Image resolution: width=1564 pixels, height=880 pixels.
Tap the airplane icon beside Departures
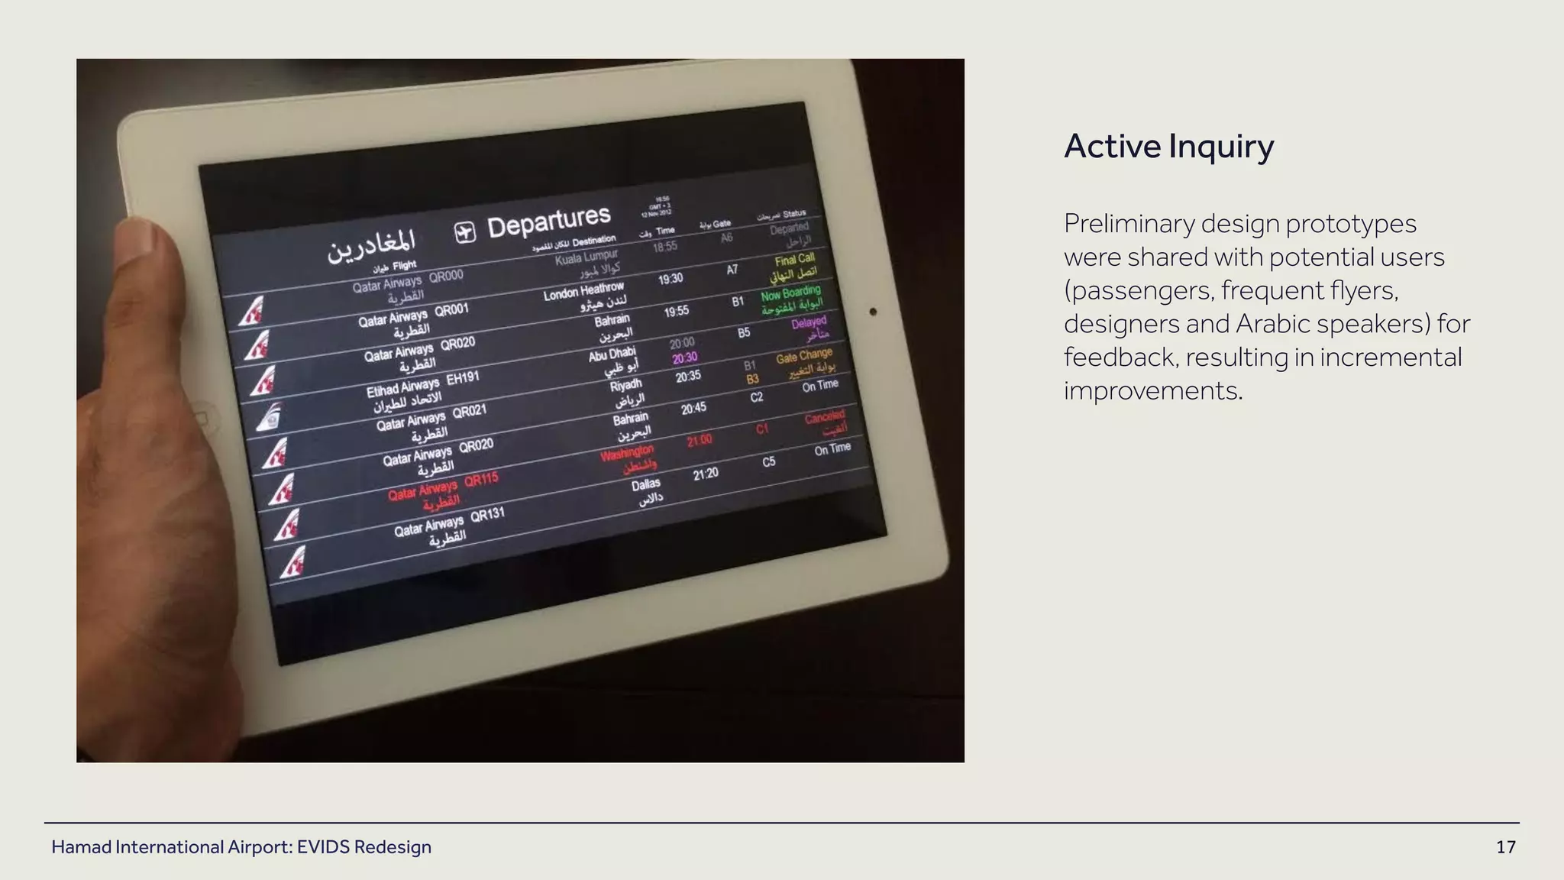pyautogui.click(x=465, y=232)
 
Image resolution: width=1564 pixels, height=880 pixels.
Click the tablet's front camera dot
pyautogui.click(x=873, y=312)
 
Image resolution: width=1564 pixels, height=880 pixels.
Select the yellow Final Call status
pyautogui.click(x=795, y=260)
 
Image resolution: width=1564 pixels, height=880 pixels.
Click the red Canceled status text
pyautogui.click(x=825, y=417)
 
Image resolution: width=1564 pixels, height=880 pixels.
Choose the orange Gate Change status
pyautogui.click(x=804, y=356)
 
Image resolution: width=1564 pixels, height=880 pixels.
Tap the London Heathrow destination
pyautogui.click(x=583, y=291)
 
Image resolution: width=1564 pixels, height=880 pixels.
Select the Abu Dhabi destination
pyautogui.click(x=612, y=354)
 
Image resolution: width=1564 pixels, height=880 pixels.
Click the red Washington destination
pyautogui.click(x=626, y=453)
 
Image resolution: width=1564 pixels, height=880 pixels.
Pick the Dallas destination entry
pyautogui.click(x=646, y=484)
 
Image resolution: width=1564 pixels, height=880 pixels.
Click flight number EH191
pyautogui.click(x=463, y=377)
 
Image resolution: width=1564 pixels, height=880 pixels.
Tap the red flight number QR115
pyautogui.click(x=481, y=480)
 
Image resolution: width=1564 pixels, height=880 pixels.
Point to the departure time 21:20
pyautogui.click(x=706, y=474)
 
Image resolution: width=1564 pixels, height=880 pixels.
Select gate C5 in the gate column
pyautogui.click(x=768, y=462)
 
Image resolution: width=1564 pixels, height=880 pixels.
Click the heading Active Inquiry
pyautogui.click(x=1168, y=146)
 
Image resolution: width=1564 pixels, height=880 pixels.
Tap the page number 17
pyautogui.click(x=1505, y=847)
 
